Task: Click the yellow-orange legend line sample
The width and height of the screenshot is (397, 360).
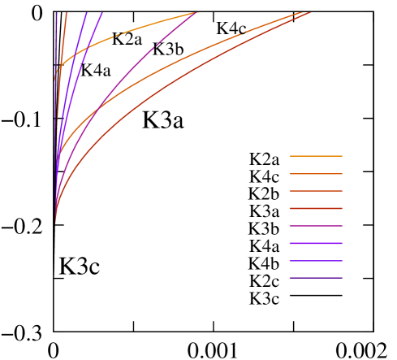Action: point(316,156)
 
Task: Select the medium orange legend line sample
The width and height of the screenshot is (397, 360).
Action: point(316,174)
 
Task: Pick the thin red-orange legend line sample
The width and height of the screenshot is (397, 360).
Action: point(316,191)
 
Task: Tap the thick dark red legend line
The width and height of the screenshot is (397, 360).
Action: point(316,209)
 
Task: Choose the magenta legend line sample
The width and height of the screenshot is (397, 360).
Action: point(316,226)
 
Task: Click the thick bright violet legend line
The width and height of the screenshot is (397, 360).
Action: point(316,244)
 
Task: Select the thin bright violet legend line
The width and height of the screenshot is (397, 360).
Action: point(316,261)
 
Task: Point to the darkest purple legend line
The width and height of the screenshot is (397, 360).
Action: point(316,279)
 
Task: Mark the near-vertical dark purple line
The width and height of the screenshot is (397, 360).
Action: point(56,49)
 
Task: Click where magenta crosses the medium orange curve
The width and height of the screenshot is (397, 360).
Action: point(98,108)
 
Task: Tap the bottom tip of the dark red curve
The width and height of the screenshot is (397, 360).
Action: point(55,221)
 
